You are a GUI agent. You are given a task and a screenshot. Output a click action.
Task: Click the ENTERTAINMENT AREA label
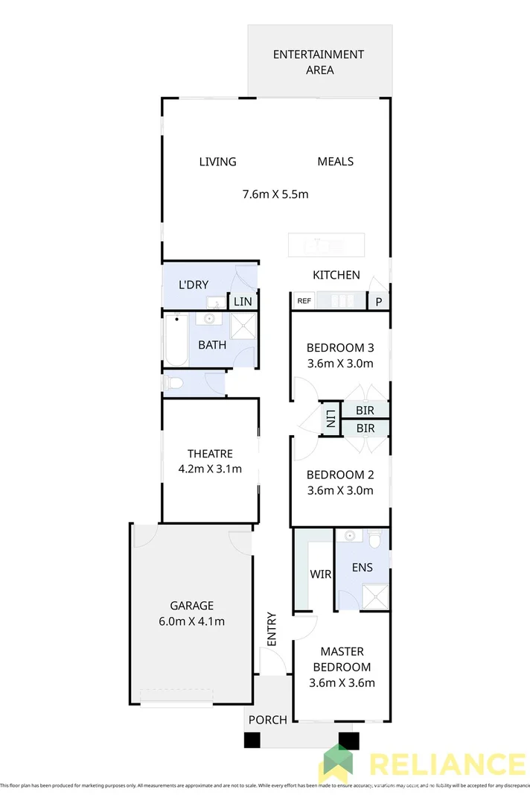tap(318, 62)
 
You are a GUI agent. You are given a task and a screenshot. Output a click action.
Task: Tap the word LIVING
tap(217, 162)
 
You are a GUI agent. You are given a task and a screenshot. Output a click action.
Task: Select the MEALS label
tap(335, 162)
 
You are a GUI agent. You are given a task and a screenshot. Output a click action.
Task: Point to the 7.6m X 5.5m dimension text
tap(275, 194)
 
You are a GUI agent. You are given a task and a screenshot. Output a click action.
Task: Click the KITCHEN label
tap(336, 275)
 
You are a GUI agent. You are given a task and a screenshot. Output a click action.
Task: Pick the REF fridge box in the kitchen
tap(304, 301)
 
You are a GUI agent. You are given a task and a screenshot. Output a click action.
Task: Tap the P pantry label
tap(378, 302)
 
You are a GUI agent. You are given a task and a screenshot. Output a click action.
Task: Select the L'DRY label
tap(194, 285)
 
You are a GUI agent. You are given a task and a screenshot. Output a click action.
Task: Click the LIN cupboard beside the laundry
tap(243, 302)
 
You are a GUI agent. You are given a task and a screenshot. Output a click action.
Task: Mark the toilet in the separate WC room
tap(173, 384)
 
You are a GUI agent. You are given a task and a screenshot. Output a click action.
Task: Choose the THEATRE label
tap(210, 454)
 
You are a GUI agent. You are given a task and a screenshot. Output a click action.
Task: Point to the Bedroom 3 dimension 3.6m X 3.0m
tap(340, 364)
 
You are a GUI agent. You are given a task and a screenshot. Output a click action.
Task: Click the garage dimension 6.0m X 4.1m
tap(191, 621)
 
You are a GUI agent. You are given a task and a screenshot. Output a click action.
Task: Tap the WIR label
tap(320, 574)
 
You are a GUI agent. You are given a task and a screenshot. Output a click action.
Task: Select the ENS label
tap(363, 568)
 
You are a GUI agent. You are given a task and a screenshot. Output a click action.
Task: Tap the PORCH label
tap(267, 720)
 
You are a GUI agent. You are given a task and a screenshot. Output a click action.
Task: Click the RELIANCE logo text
tap(447, 765)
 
